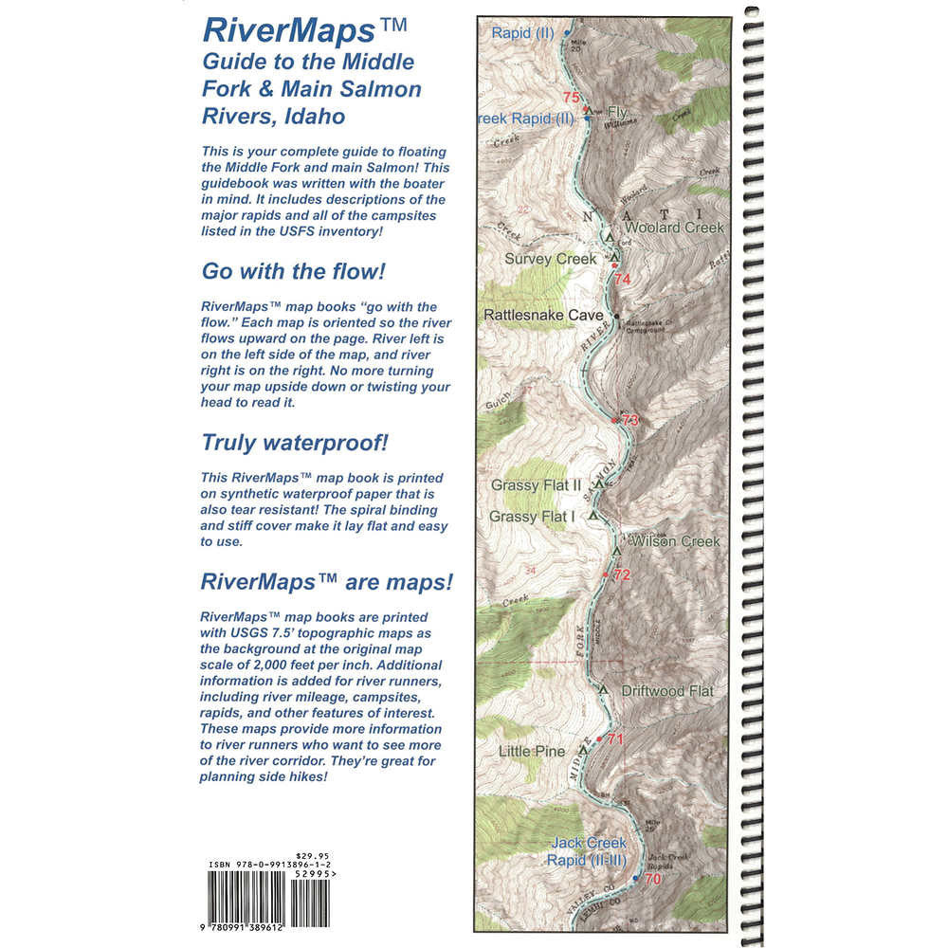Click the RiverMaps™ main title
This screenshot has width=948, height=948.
[304, 31]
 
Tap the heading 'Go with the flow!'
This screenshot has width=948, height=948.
[294, 272]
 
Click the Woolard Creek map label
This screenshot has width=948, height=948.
[674, 228]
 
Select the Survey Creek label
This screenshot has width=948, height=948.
[550, 259]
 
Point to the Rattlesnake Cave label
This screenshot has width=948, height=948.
[545, 315]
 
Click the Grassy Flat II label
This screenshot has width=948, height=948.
[536, 485]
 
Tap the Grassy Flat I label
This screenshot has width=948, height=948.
[532, 517]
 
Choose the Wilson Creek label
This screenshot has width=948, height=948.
[676, 542]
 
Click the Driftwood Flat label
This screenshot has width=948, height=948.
[666, 692]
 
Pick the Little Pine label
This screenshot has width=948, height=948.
[532, 752]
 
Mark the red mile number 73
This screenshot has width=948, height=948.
[630, 420]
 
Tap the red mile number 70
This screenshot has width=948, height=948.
[651, 879]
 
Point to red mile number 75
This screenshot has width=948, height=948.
[570, 98]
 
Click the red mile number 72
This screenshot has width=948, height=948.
[621, 575]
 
